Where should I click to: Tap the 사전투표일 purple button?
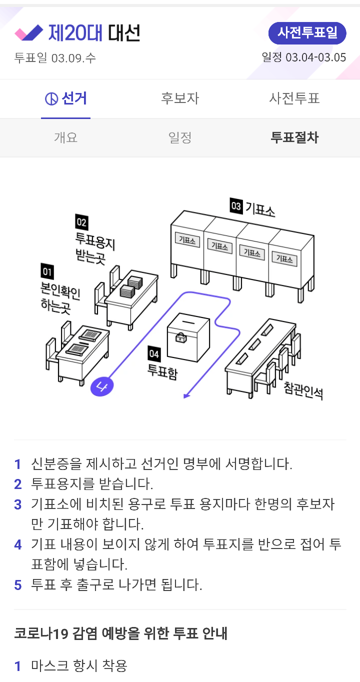pos(307,33)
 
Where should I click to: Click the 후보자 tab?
pos(180,98)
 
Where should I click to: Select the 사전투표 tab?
pos(294,98)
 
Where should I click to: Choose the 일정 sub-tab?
pos(180,137)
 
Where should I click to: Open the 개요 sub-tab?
pos(65,137)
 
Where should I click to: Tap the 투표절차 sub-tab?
pos(294,137)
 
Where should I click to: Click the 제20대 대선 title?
pos(94,33)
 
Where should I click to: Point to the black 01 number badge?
pos(47,271)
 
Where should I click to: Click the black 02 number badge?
pos(81,221)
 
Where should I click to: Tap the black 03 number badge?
pos(235,205)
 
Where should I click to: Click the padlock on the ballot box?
pos(180,337)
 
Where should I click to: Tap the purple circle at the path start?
pos(99,386)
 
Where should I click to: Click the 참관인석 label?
pos(303,390)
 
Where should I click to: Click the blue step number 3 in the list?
pos(18,504)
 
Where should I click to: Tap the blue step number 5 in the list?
pos(18,585)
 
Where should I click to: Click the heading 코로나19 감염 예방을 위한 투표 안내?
pos(121,633)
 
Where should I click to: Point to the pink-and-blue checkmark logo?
pos(29,33)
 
